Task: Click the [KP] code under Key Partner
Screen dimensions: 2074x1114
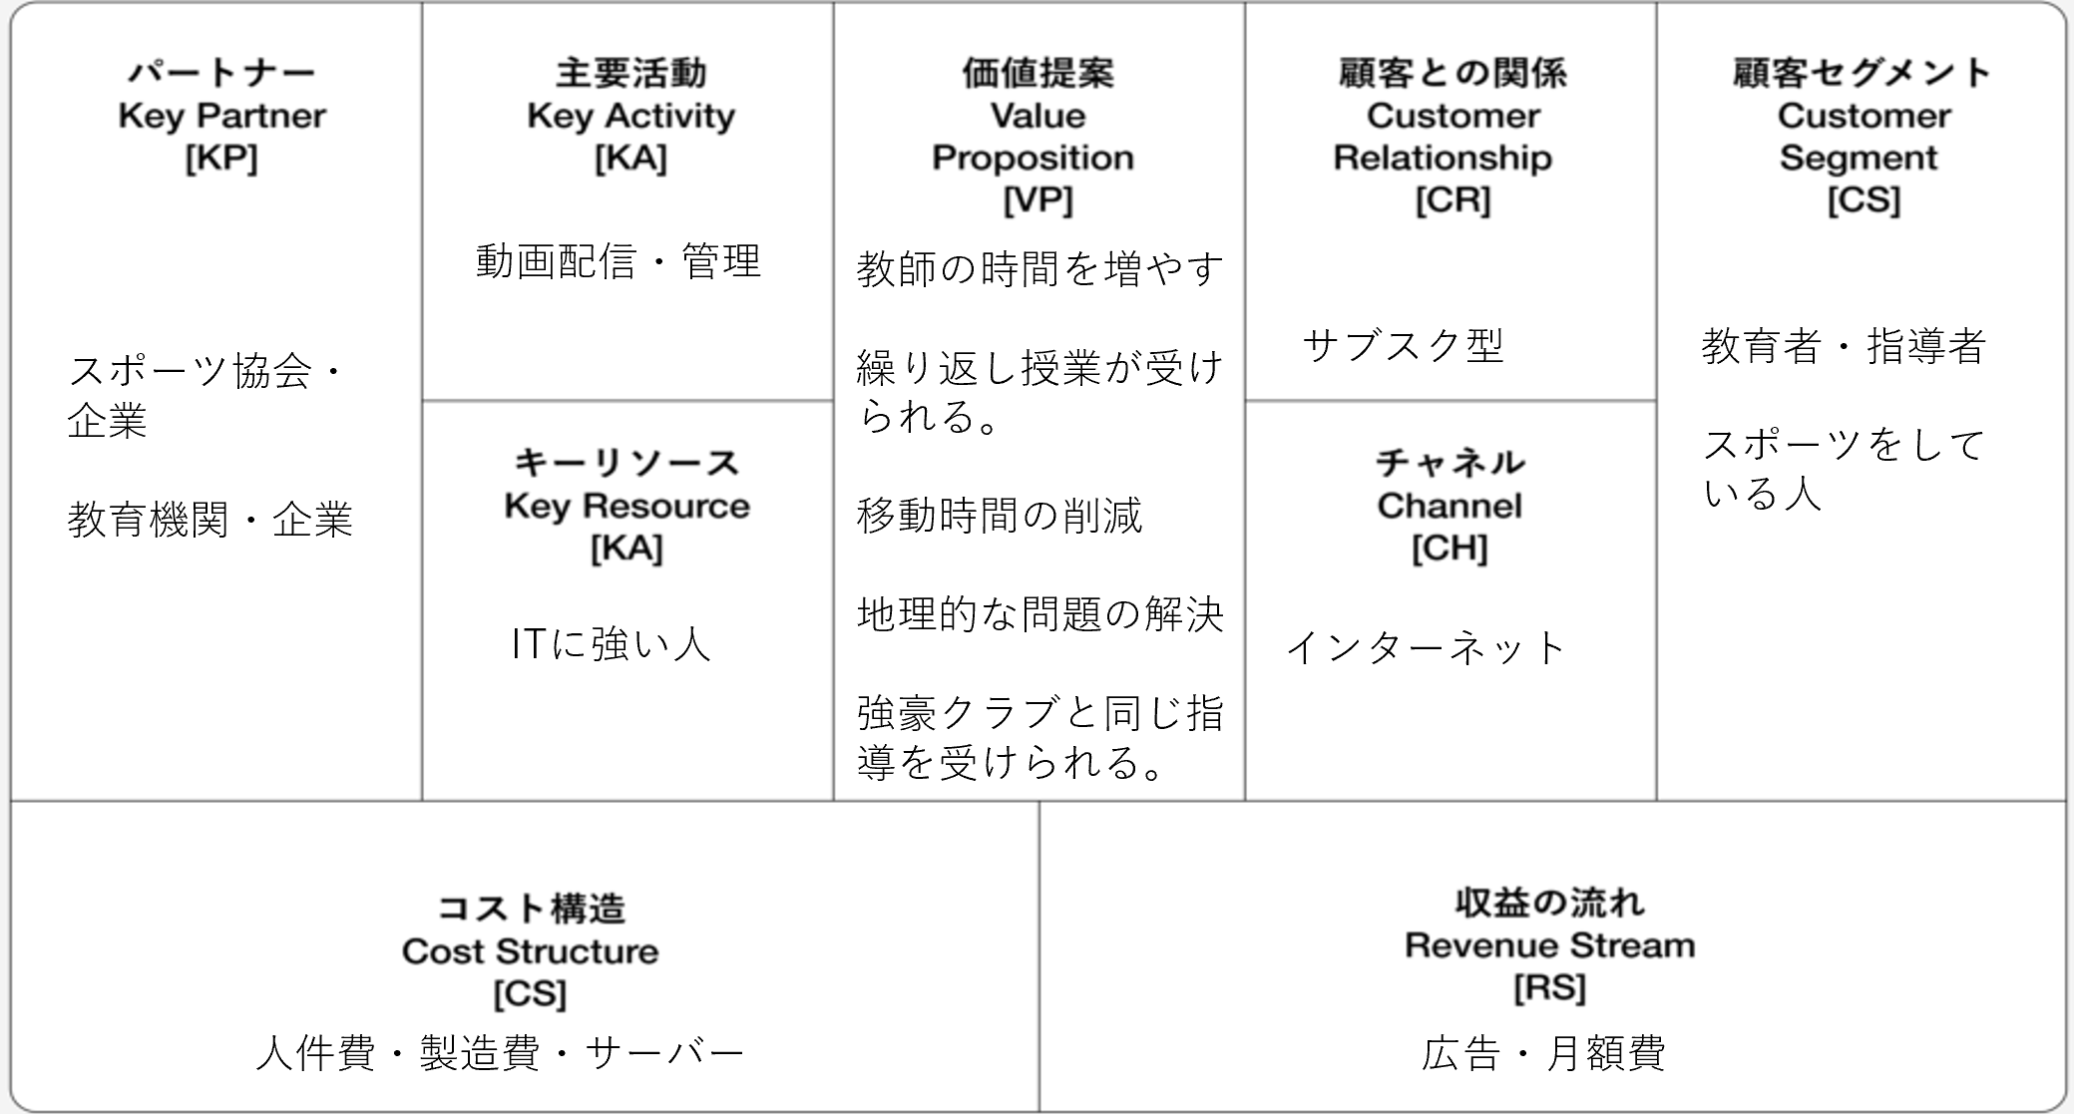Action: [221, 159]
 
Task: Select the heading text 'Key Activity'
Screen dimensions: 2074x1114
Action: [630, 117]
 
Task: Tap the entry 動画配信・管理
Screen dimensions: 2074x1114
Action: [619, 261]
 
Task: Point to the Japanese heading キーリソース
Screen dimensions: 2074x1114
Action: [626, 463]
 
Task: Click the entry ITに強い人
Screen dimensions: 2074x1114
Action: [611, 644]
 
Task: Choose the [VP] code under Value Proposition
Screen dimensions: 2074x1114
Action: [1037, 200]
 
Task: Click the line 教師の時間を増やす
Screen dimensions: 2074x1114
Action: [1039, 269]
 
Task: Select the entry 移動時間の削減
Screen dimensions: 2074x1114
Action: [1000, 516]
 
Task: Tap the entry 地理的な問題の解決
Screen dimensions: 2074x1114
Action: [1039, 614]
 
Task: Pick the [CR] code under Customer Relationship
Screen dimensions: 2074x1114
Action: [1452, 200]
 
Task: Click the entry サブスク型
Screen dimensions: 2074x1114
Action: [1403, 345]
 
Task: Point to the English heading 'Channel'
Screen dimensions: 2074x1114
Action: [1450, 506]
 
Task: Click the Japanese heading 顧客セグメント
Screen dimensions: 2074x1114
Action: [1863, 73]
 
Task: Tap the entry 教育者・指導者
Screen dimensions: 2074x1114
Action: [1844, 346]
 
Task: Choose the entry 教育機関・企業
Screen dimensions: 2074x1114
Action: [209, 520]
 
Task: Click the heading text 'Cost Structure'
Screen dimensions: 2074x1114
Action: [530, 951]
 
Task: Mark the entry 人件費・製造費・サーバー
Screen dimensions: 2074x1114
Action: [500, 1053]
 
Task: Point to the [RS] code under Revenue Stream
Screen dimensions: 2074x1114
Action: [1549, 988]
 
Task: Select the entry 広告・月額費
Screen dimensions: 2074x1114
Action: [1543, 1053]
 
